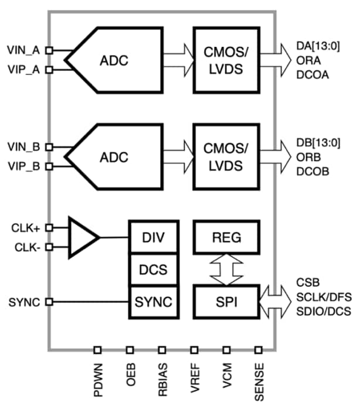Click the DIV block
click(155, 237)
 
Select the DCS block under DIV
click(155, 270)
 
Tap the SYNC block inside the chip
click(155, 302)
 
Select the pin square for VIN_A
click(49, 51)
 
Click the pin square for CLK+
click(49, 227)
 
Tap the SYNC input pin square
click(49, 302)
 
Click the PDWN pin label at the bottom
click(98, 381)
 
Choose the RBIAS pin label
click(162, 381)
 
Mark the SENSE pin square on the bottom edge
click(258, 350)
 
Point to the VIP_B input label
click(23, 167)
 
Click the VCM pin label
click(226, 381)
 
